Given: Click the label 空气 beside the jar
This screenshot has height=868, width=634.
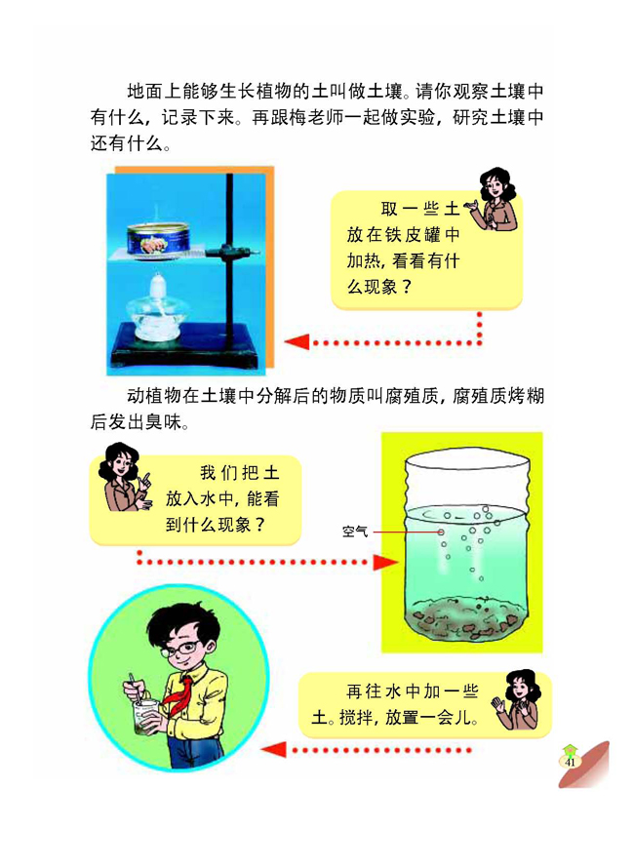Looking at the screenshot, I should click(355, 532).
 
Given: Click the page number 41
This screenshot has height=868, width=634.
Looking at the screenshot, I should click(569, 761).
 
